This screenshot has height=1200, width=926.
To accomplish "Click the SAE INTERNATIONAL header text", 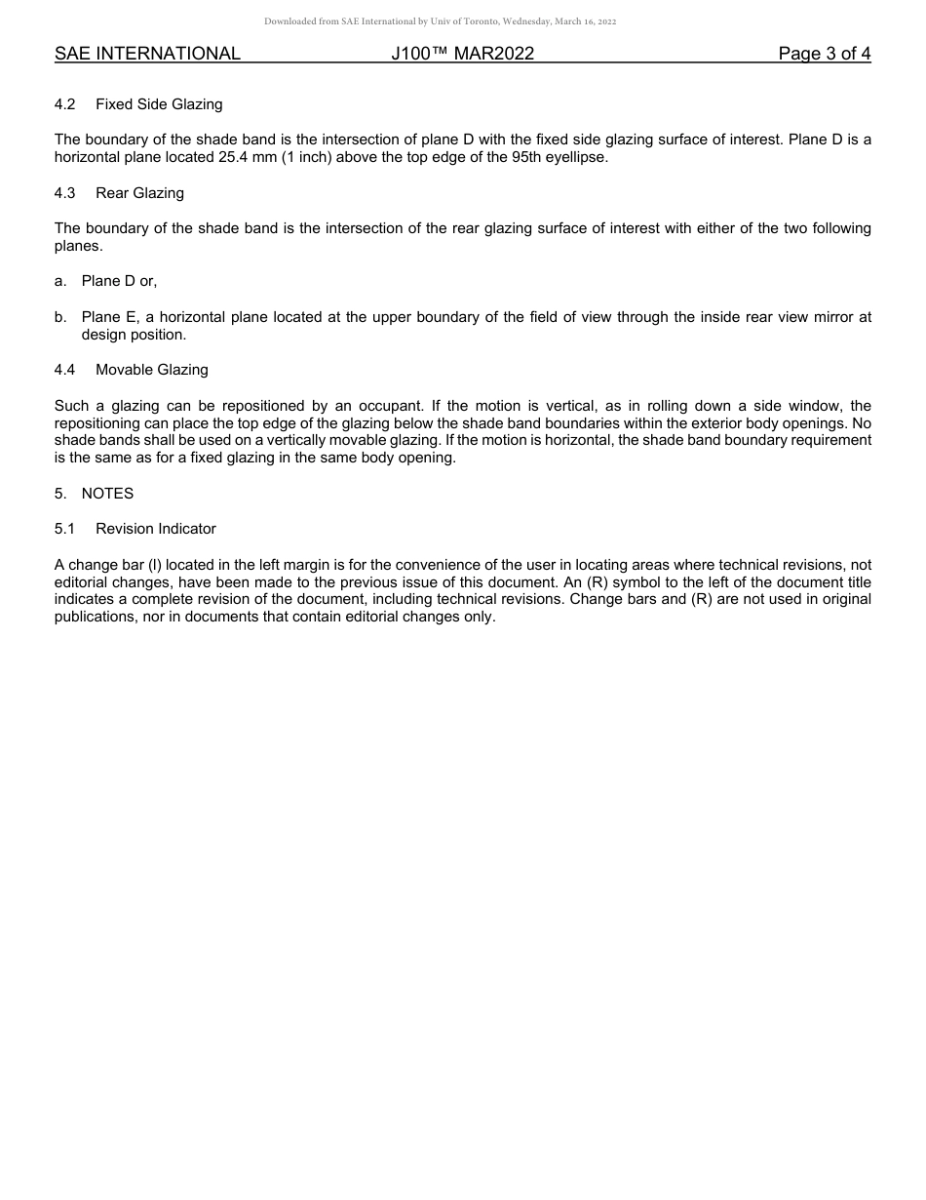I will [x=147, y=54].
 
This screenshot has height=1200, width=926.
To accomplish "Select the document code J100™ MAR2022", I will [x=462, y=54].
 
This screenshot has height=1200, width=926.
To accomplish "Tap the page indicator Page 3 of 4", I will [x=824, y=54].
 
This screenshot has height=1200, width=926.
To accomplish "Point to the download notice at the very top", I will [x=440, y=21].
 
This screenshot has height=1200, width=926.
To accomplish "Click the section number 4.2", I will [x=65, y=104].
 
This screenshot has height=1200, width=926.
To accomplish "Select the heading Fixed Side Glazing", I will [x=159, y=104].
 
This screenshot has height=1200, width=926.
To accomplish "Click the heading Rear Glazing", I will [x=139, y=193].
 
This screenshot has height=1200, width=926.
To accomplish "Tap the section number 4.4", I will [x=65, y=370].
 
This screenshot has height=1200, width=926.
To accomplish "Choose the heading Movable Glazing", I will [x=151, y=370].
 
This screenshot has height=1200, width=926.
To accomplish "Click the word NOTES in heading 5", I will [x=107, y=494].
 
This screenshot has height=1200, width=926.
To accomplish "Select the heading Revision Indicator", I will [x=156, y=529].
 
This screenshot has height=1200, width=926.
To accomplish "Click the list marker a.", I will [x=60, y=281].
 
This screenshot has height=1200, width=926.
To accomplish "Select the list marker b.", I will [x=60, y=317].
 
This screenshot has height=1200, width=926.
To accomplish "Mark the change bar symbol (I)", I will [x=155, y=565].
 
